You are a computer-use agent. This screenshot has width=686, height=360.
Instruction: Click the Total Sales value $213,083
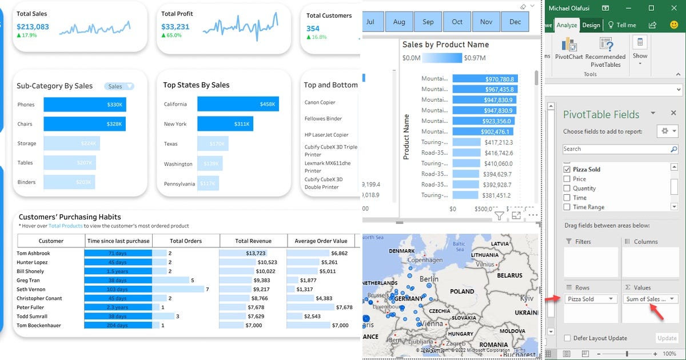(33, 26)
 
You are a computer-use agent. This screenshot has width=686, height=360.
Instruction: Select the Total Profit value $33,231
(175, 26)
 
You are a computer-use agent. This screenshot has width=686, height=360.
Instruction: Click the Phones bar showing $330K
(85, 105)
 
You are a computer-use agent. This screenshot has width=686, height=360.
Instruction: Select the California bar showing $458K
(238, 104)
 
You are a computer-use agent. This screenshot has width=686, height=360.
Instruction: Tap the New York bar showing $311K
(225, 124)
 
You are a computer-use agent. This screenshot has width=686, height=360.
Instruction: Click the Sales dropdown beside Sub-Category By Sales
(119, 86)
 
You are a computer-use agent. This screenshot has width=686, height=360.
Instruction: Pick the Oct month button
(457, 22)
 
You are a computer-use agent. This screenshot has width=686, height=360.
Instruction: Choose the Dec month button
(515, 22)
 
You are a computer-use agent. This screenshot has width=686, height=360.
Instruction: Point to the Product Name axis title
(406, 137)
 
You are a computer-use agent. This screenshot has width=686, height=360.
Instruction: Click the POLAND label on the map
(462, 291)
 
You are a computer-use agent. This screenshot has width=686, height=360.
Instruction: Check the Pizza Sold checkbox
(567, 170)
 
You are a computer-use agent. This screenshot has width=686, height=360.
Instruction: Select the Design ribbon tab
(591, 25)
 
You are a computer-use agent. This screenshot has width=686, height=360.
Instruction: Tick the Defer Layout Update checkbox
(567, 338)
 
